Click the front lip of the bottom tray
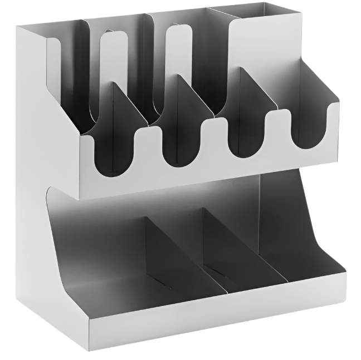(x=223, y=312)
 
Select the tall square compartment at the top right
(x=262, y=39)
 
